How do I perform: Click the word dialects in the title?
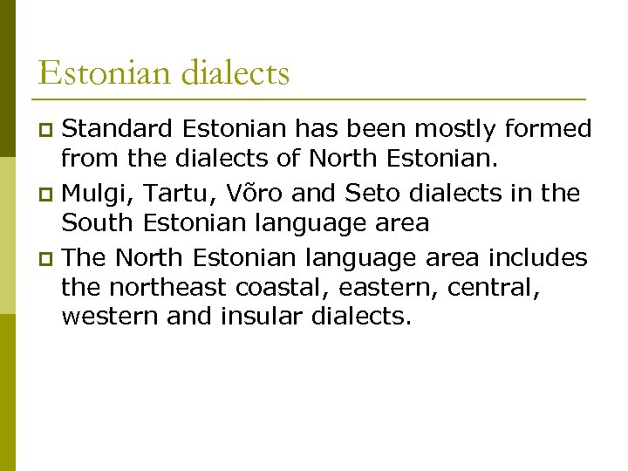click(x=235, y=72)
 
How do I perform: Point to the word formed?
click(x=550, y=130)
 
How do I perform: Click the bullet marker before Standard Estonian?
click(x=49, y=131)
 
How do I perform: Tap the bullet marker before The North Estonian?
click(x=49, y=258)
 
